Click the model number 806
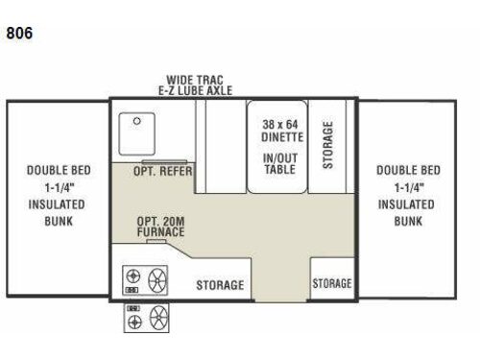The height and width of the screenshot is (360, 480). pyautogui.click(x=19, y=33)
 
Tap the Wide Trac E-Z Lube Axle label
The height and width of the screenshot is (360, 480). pyautogui.click(x=195, y=85)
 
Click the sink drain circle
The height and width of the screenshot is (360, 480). pyautogui.click(x=137, y=121)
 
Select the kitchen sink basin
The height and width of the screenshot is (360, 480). pyautogui.click(x=137, y=133)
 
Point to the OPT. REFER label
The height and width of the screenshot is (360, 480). pyautogui.click(x=163, y=171)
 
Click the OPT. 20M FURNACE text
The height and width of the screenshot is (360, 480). pyautogui.click(x=160, y=227)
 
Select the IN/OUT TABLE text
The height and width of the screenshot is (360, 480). pyautogui.click(x=280, y=163)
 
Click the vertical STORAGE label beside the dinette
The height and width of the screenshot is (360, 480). pyautogui.click(x=327, y=145)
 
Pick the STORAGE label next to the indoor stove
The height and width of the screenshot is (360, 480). pyautogui.click(x=220, y=285)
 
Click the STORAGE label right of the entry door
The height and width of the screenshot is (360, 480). pyautogui.click(x=332, y=283)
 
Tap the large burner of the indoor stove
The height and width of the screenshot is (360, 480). pyautogui.click(x=157, y=280)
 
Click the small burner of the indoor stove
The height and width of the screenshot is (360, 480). pyautogui.click(x=133, y=276)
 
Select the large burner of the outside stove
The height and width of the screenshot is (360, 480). pyautogui.click(x=158, y=317)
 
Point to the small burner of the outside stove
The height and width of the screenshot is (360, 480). pyautogui.click(x=134, y=322)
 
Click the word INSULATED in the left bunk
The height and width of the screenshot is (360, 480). pyautogui.click(x=57, y=204)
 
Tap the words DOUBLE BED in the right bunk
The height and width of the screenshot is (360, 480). pyautogui.click(x=408, y=170)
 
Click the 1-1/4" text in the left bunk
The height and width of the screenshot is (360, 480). pyautogui.click(x=60, y=187)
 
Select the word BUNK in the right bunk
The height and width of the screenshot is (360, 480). pyautogui.click(x=408, y=221)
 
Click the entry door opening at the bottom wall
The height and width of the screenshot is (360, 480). pyautogui.click(x=280, y=300)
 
